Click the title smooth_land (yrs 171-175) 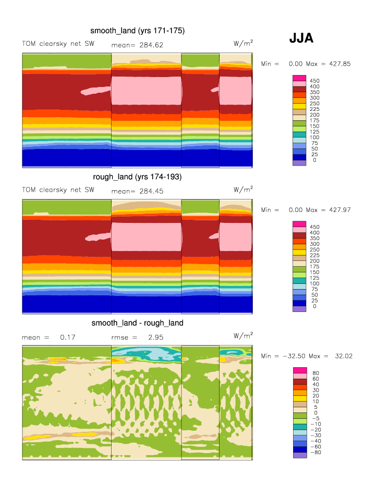point(137,31)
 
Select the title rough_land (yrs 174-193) point(137,177)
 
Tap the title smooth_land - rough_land point(137,323)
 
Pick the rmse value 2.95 point(156,338)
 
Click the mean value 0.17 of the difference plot point(68,338)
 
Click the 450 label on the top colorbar point(315,81)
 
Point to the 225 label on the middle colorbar point(315,255)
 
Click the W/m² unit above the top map point(244,43)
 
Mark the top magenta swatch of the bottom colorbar point(299,370)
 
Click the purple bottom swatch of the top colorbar point(299,163)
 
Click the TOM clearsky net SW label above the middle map point(58,190)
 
